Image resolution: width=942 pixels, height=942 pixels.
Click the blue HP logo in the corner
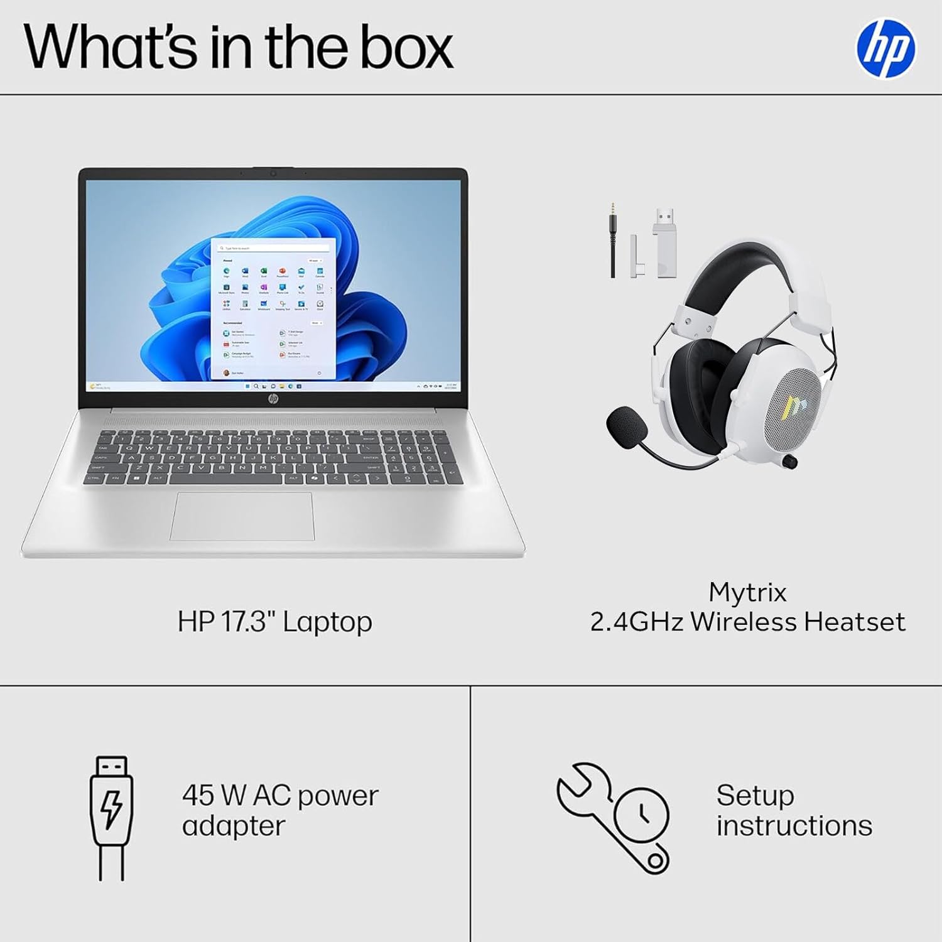pyautogui.click(x=885, y=48)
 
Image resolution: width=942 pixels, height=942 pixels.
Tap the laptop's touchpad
pyautogui.click(x=242, y=516)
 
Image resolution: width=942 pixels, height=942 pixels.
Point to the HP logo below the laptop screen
pyautogui.click(x=273, y=399)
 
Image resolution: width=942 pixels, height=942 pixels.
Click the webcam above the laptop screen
pyautogui.click(x=273, y=173)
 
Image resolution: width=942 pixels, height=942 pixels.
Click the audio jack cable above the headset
pyautogui.click(x=612, y=242)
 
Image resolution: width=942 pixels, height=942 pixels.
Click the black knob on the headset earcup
pyautogui.click(x=792, y=462)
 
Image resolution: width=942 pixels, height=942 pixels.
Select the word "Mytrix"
pyautogui.click(x=747, y=592)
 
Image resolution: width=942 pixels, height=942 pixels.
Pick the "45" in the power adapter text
pyautogui.click(x=198, y=796)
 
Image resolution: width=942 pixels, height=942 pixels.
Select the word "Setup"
pyautogui.click(x=755, y=796)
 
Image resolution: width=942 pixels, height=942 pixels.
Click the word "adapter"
pyautogui.click(x=234, y=826)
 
